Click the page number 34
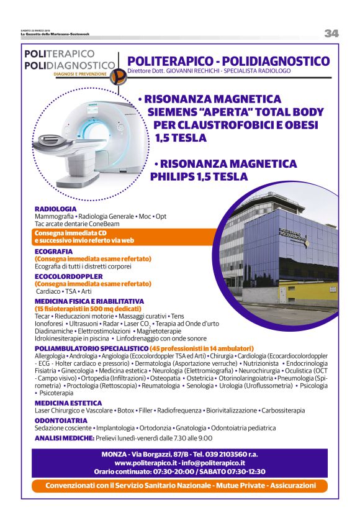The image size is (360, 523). (x=331, y=34)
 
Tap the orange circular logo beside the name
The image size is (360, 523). (x=118, y=75)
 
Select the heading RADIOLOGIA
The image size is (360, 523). (x=56, y=209)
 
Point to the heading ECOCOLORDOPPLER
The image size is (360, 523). (x=69, y=276)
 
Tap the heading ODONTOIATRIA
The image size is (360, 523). (x=61, y=421)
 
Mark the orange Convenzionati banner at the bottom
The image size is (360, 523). (x=179, y=485)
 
